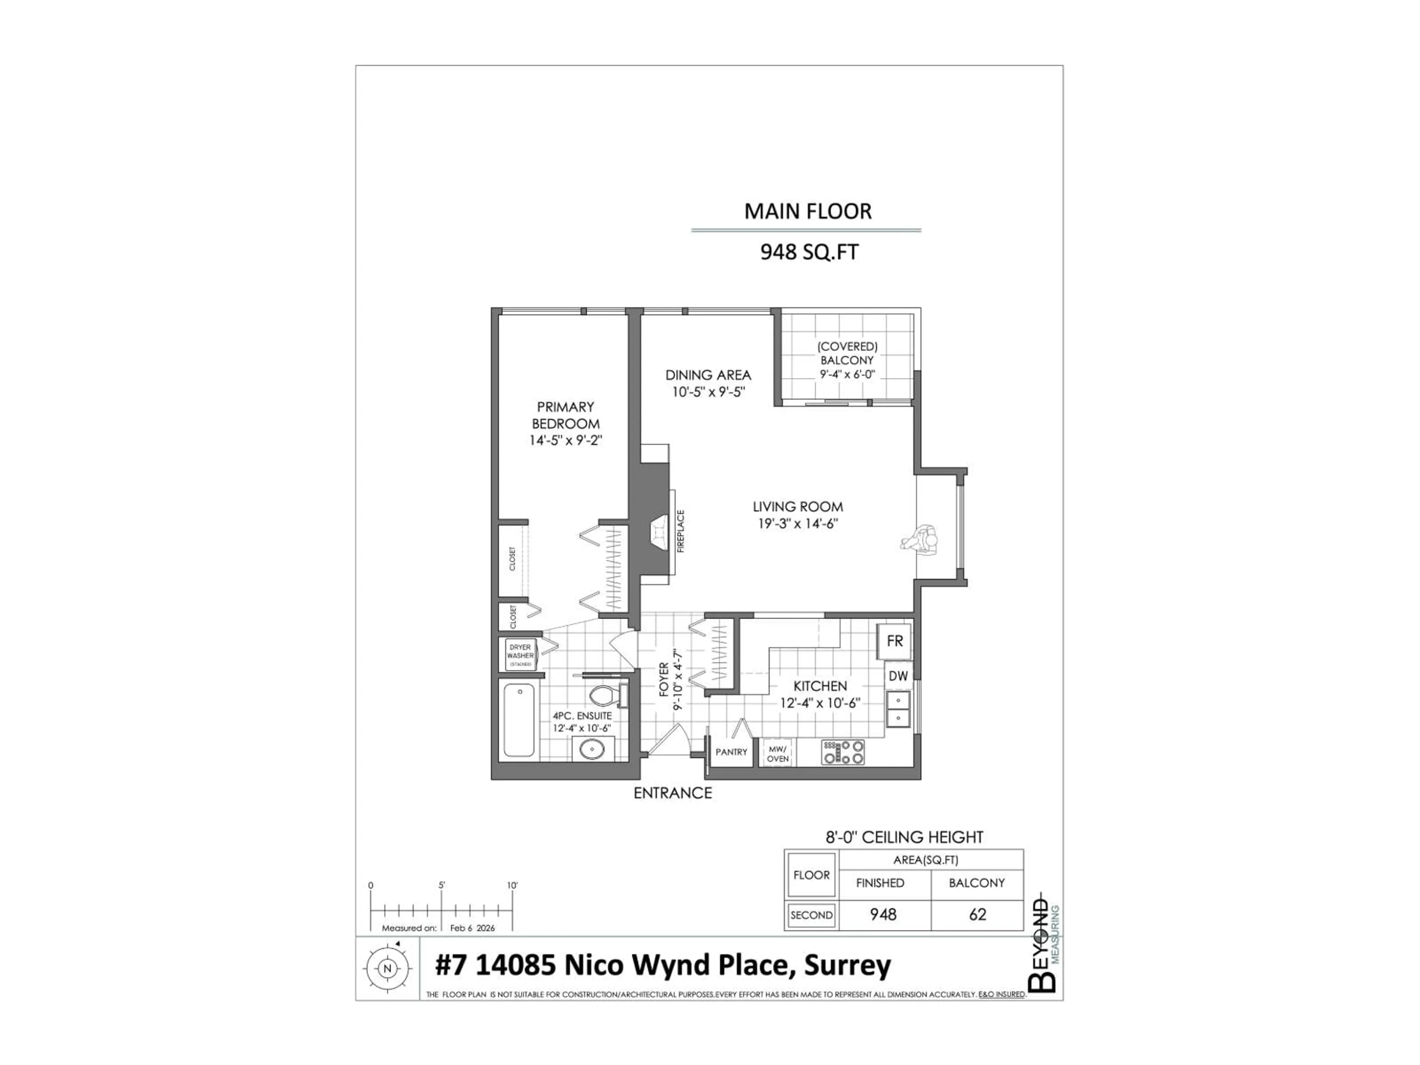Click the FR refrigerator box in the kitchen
pyautogui.click(x=894, y=641)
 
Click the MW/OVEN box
pyautogui.click(x=777, y=753)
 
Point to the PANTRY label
pyautogui.click(x=731, y=752)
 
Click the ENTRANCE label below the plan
pyautogui.click(x=672, y=793)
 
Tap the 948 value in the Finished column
pyautogui.click(x=883, y=914)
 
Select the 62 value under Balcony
pyautogui.click(x=977, y=914)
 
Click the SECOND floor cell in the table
pyautogui.click(x=811, y=915)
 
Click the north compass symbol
pyautogui.click(x=387, y=968)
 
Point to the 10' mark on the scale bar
pyautogui.click(x=512, y=886)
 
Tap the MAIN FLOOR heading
pyautogui.click(x=808, y=211)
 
